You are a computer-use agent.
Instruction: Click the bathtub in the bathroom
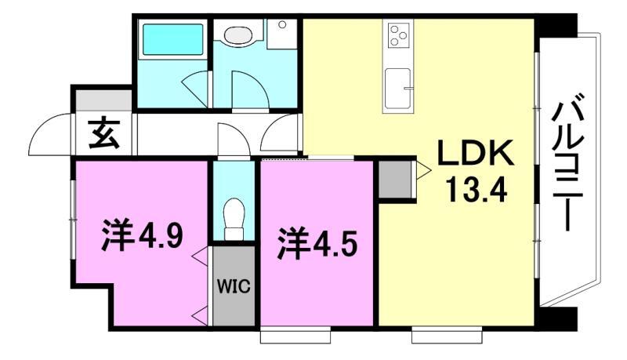[172, 39]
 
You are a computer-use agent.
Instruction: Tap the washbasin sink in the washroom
[240, 35]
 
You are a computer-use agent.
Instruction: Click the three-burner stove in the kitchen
[398, 35]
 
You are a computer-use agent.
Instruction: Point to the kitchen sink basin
[398, 89]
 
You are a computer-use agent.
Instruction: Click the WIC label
[234, 286]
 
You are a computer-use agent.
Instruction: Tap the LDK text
[476, 153]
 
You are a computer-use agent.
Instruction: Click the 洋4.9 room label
[143, 235]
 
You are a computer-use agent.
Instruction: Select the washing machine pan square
[282, 34]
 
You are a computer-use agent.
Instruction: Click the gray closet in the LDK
[395, 179]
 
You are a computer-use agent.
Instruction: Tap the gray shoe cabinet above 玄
[103, 100]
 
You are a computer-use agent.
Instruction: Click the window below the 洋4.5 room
[295, 336]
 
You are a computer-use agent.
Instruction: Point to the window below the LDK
[447, 336]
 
